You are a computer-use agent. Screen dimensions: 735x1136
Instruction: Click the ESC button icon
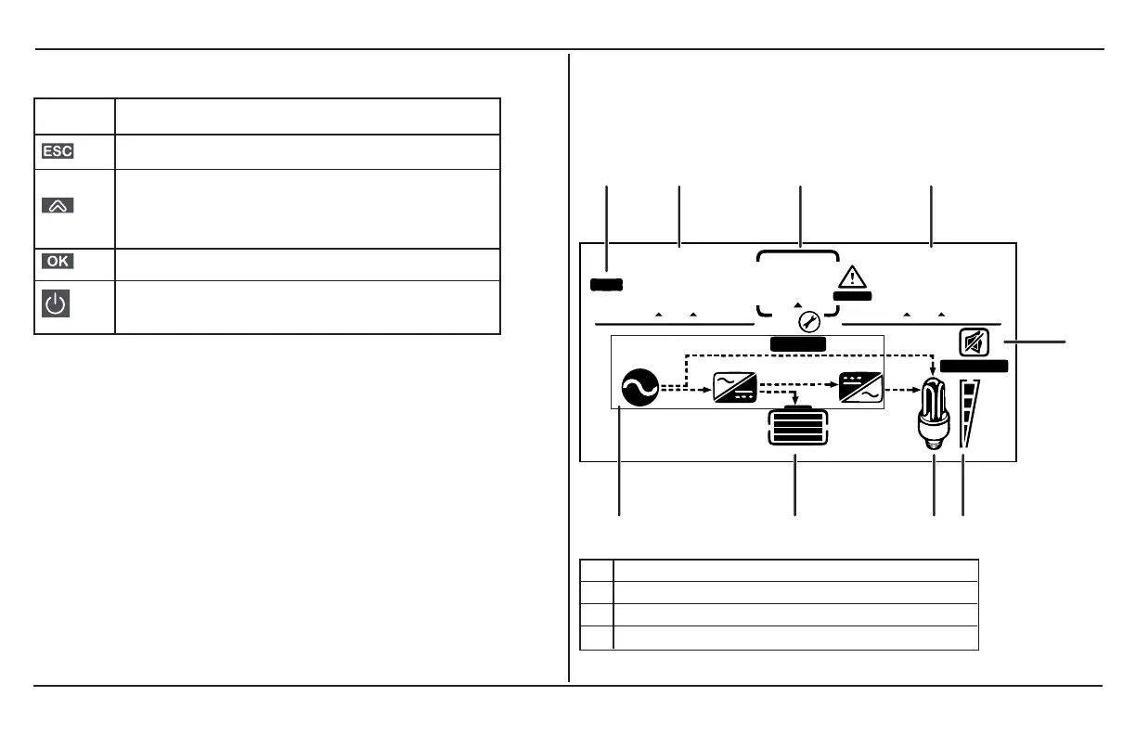pyautogui.click(x=58, y=151)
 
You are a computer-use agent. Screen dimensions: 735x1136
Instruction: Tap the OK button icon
pyautogui.click(x=58, y=262)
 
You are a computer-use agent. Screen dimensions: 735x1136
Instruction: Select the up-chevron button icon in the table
pyautogui.click(x=58, y=207)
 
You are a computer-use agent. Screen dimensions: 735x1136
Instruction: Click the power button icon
pyautogui.click(x=58, y=306)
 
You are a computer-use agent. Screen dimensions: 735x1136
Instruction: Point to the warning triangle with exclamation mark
pyautogui.click(x=851, y=277)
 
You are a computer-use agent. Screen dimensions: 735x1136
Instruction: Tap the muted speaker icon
pyautogui.click(x=974, y=343)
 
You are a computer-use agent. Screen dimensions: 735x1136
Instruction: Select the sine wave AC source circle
pyautogui.click(x=639, y=387)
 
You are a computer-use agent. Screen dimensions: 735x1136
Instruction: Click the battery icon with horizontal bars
pyautogui.click(x=796, y=429)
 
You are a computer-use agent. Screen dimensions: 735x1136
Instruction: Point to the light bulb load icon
pyautogui.click(x=933, y=414)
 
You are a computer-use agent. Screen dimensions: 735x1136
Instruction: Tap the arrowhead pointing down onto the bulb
pyautogui.click(x=932, y=372)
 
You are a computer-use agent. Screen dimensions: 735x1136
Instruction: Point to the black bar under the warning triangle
pyautogui.click(x=852, y=296)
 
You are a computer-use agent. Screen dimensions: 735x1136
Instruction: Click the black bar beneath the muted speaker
pyautogui.click(x=974, y=367)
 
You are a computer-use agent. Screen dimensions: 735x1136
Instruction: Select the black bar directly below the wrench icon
pyautogui.click(x=798, y=344)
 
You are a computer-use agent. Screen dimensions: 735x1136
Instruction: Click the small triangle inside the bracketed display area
pyautogui.click(x=796, y=303)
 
